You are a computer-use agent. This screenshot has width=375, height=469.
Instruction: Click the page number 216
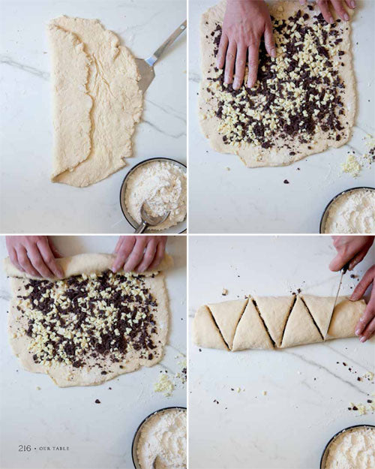(x=25, y=448)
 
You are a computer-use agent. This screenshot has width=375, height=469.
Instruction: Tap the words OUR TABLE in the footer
(x=54, y=449)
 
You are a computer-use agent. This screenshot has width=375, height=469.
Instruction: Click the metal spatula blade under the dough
(x=145, y=75)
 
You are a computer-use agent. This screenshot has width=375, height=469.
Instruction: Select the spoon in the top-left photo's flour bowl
(x=151, y=217)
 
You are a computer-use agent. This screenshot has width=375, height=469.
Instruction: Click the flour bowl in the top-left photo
(x=154, y=195)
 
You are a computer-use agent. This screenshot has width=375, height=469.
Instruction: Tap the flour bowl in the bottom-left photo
(x=160, y=438)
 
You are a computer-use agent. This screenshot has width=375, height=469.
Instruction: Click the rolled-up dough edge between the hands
(x=88, y=264)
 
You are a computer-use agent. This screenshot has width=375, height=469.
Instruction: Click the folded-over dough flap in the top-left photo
(x=72, y=99)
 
